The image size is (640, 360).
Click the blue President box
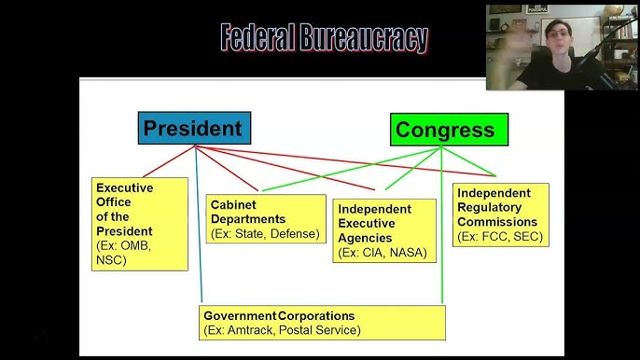click(x=194, y=129)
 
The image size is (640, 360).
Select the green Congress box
click(x=449, y=131)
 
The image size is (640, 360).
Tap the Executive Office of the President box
click(x=139, y=224)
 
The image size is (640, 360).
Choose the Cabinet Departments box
click(x=266, y=219)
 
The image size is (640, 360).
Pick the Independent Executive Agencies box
click(x=384, y=230)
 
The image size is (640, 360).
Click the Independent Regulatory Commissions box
click(x=500, y=215)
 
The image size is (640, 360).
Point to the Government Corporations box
click(x=322, y=323)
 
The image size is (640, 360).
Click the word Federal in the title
click(x=257, y=38)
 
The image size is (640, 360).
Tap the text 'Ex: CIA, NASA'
click(x=383, y=253)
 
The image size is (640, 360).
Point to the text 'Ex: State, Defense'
click(x=266, y=233)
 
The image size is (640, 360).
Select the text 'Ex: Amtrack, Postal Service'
click(x=282, y=330)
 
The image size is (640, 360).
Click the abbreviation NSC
click(x=111, y=260)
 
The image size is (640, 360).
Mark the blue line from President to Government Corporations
click(x=199, y=252)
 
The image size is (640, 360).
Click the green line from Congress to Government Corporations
click(x=442, y=242)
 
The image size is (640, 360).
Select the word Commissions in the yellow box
click(x=497, y=222)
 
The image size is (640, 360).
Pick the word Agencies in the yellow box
click(x=367, y=238)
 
